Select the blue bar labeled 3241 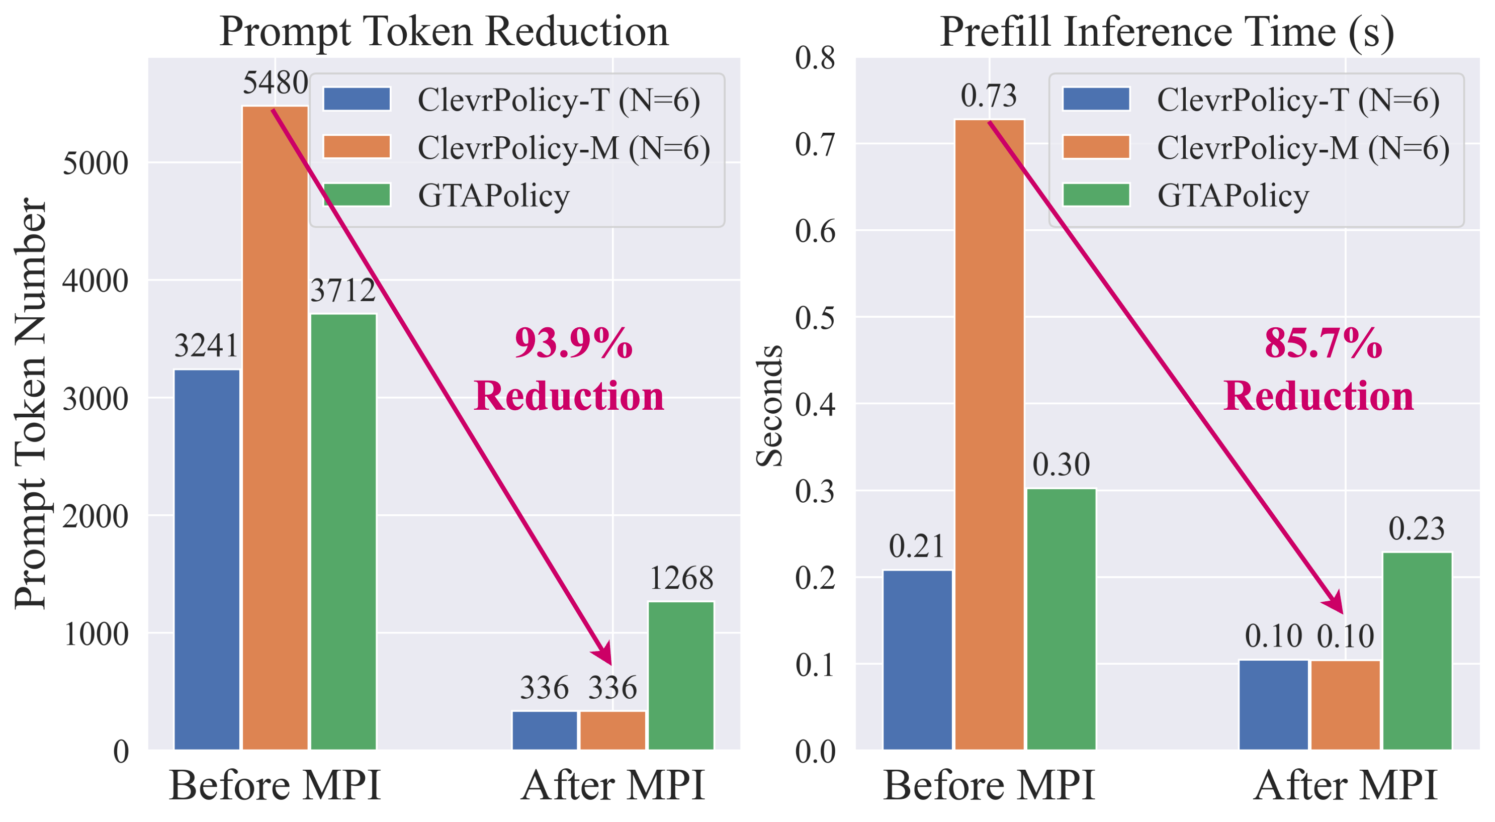207,559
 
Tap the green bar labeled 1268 681,675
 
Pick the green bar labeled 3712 343,531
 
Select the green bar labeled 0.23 1417,650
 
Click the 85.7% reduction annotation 1318,370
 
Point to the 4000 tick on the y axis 95,281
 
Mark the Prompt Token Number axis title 30,403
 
